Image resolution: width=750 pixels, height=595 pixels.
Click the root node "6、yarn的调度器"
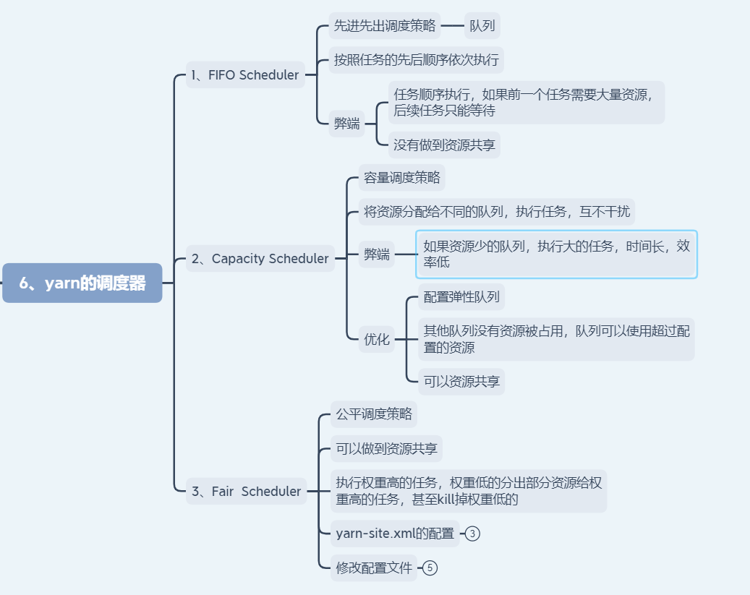pos(82,283)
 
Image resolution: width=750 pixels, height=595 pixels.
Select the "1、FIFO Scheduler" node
pos(244,75)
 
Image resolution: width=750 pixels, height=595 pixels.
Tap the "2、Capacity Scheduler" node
pos(260,259)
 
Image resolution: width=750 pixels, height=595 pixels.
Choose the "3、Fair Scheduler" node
pos(246,492)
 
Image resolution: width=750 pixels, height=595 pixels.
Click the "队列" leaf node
pos(482,26)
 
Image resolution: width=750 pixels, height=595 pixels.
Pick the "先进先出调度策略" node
pos(385,26)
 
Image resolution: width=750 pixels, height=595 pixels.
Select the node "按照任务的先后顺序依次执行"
pos(416,60)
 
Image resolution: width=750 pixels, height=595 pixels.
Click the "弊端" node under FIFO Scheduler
pos(346,124)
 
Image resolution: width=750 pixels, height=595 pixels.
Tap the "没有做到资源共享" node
pos(444,145)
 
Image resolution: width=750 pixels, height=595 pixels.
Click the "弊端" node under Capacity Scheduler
pos(377,254)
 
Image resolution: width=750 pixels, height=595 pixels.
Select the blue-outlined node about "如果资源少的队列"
pos(556,254)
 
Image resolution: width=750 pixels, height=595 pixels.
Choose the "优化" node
pos(377,339)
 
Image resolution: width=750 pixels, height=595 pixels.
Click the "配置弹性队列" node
pos(461,296)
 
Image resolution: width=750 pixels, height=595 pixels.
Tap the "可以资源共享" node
pos(461,381)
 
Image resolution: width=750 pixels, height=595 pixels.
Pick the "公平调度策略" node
pos(374,414)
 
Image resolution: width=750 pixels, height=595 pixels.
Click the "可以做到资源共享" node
pos(386,449)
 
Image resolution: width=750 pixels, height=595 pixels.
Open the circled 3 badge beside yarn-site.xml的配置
pos(472,534)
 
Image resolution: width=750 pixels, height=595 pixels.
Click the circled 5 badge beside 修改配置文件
pos(430,568)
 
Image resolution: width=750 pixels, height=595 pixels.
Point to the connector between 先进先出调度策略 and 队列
pos(452,26)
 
